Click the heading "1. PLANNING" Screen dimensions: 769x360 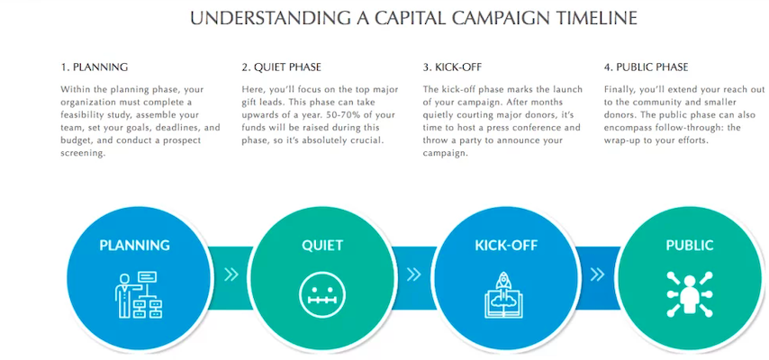click(x=95, y=67)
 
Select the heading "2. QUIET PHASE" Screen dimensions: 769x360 click(x=281, y=67)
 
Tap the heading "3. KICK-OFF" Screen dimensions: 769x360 click(x=456, y=67)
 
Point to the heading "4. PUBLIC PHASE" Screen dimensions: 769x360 click(x=646, y=67)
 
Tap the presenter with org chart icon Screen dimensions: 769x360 click(x=139, y=293)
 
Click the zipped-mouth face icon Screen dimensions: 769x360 click(x=322, y=295)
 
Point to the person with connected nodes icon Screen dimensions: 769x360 click(x=690, y=293)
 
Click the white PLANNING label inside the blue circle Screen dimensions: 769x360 click(x=135, y=245)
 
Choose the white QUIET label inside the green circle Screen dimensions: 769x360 click(x=322, y=245)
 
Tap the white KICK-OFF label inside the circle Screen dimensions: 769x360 click(x=506, y=245)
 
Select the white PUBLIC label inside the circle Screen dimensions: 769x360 click(x=689, y=245)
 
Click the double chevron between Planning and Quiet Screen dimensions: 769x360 click(x=231, y=274)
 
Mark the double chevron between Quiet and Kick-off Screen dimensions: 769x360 click(x=414, y=274)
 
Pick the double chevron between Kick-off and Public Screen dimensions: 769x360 click(x=597, y=274)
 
